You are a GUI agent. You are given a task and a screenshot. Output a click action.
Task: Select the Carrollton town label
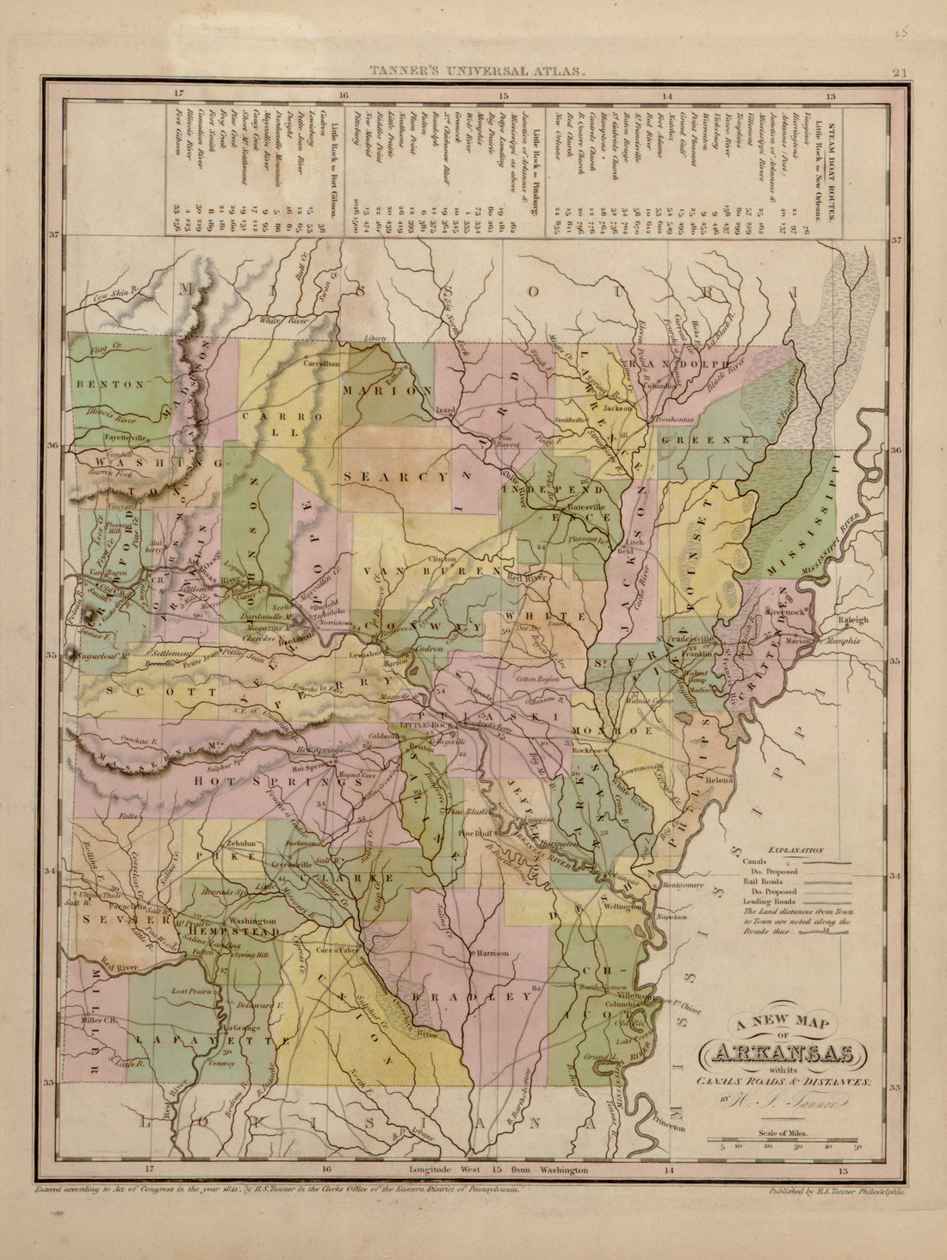[x=321, y=364]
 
